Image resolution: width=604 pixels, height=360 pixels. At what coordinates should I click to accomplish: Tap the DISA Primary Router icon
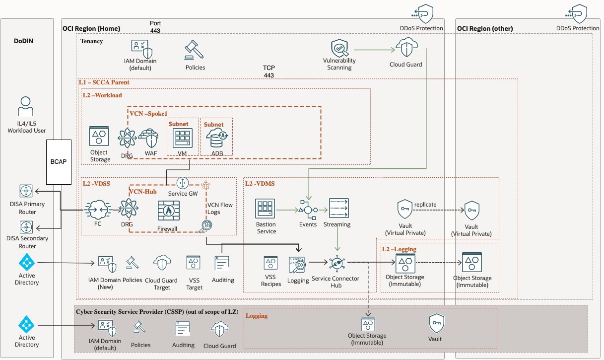(x=26, y=191)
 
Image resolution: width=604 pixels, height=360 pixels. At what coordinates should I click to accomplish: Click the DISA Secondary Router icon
(x=26, y=227)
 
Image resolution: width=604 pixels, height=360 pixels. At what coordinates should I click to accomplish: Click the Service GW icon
(x=183, y=181)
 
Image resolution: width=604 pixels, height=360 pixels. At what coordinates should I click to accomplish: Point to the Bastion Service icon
(x=266, y=209)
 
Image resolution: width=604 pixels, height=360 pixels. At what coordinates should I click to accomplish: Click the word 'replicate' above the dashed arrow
(x=425, y=204)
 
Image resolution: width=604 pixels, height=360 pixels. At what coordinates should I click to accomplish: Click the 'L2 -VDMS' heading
(x=260, y=183)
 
